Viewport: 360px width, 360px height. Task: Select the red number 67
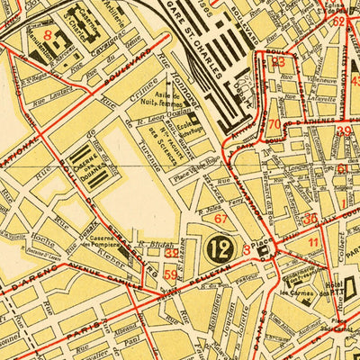220,218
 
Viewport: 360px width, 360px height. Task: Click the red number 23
277,62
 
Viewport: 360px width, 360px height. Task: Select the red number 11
313,242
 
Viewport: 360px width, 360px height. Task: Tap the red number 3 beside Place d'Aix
247,249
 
